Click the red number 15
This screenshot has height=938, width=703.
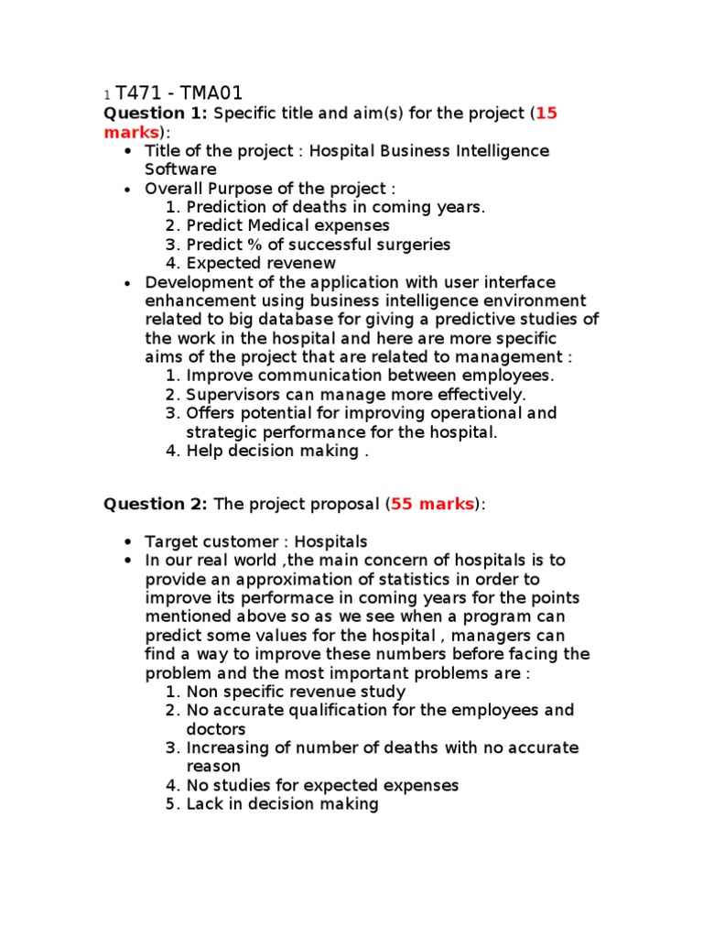(x=546, y=114)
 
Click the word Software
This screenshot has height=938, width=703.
(x=180, y=169)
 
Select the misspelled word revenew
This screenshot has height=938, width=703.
(x=302, y=263)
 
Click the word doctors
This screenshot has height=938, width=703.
(x=216, y=729)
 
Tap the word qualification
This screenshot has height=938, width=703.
(x=350, y=710)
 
